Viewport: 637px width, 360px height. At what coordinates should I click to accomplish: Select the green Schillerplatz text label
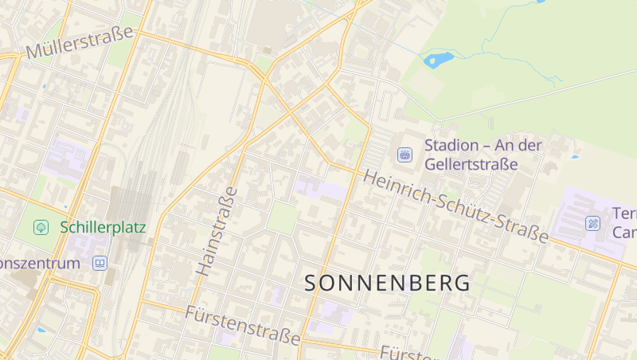coord(103,227)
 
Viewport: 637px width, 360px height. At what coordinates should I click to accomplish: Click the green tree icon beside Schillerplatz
coord(41,227)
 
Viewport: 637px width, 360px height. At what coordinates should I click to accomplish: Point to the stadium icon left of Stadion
coord(404,155)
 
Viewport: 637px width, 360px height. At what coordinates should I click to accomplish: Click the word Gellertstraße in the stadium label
coord(471,165)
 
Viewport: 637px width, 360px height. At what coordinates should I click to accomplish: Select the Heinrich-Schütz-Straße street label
coord(456,206)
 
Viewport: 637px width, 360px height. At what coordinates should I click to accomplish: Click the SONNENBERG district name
coord(387,283)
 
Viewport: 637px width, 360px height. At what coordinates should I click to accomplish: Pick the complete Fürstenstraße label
coord(243,323)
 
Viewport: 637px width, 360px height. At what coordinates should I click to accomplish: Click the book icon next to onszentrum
coord(100,262)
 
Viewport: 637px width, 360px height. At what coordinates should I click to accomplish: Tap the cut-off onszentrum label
coord(40,263)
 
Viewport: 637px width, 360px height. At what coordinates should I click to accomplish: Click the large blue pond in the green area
coord(438,59)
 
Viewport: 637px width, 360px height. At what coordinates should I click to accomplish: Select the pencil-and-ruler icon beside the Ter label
coord(592,223)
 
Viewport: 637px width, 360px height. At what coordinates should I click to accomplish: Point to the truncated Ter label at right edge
coord(624,214)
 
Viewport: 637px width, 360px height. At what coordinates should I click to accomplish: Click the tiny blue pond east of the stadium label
coord(575,157)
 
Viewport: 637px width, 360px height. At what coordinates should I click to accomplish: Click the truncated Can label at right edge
coord(624,233)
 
